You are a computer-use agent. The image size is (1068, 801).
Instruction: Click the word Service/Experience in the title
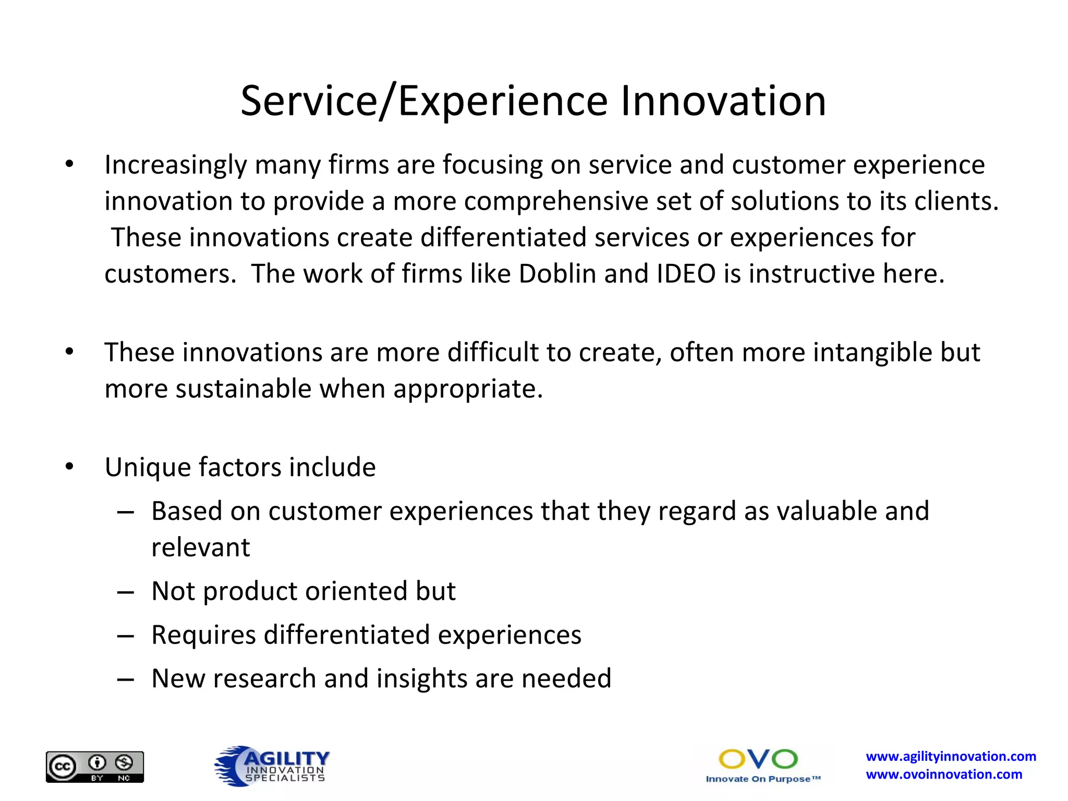pyautogui.click(x=424, y=101)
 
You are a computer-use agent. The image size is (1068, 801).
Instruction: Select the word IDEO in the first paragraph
pyautogui.click(x=686, y=274)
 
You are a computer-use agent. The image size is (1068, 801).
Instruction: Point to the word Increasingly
pyautogui.click(x=176, y=166)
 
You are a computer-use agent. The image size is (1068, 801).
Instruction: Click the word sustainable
pyautogui.click(x=243, y=389)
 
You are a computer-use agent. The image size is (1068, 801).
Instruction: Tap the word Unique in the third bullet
pyautogui.click(x=147, y=468)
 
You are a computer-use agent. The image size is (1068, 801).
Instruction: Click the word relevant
pyautogui.click(x=200, y=548)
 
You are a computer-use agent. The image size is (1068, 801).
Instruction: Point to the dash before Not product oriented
pyautogui.click(x=126, y=592)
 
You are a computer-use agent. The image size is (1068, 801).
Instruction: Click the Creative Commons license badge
pyautogui.click(x=95, y=767)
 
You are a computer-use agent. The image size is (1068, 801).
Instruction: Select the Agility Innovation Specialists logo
pyautogui.click(x=272, y=766)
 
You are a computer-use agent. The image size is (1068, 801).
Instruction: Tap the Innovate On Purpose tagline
pyautogui.click(x=762, y=779)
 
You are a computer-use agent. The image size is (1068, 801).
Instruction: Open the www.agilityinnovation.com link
pyautogui.click(x=951, y=756)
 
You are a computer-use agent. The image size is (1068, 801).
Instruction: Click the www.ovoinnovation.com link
pyautogui.click(x=944, y=774)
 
